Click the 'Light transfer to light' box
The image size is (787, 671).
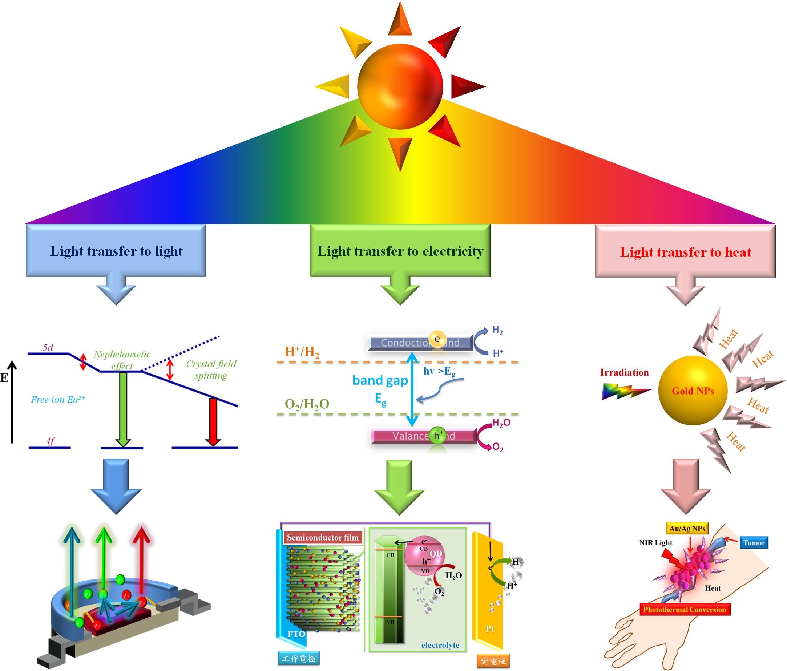[x=116, y=251]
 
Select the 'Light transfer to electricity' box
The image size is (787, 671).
[x=400, y=251]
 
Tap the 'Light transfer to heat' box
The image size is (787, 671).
[x=685, y=252]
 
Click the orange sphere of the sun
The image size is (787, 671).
[x=400, y=86]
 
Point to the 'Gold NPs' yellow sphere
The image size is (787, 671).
[x=693, y=391]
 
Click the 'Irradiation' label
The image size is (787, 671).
[x=625, y=372]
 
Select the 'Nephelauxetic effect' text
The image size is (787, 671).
[x=122, y=360]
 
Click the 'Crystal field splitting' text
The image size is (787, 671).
[x=211, y=369]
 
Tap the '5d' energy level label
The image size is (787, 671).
[x=48, y=347]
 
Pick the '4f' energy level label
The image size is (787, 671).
[x=50, y=441]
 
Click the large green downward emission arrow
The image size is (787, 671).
[x=123, y=408]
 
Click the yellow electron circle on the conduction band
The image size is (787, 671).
[x=437, y=339]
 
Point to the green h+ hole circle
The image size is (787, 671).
[x=438, y=436]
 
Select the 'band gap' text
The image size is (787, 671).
[x=380, y=380]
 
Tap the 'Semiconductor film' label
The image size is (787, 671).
[x=323, y=537]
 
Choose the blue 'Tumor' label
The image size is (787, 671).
[x=754, y=543]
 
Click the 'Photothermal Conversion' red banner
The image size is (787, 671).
[x=685, y=610]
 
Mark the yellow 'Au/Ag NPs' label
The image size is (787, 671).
[x=687, y=528]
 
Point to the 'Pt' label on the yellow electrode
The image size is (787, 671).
[x=489, y=629]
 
